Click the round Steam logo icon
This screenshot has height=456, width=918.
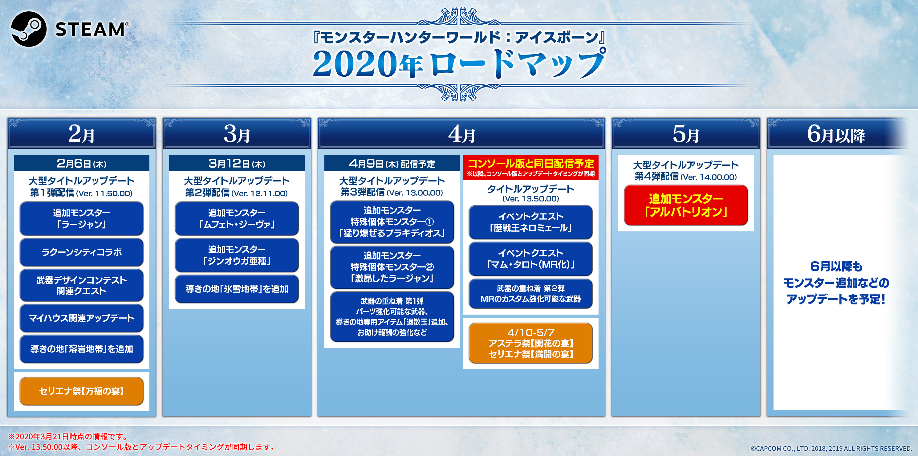29,29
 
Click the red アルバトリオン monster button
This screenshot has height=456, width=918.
686,205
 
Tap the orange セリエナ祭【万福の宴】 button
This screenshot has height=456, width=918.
82,391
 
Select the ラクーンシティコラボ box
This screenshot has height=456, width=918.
82,252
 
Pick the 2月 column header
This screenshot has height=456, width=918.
82,133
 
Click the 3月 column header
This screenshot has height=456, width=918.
237,133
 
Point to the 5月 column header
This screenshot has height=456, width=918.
686,133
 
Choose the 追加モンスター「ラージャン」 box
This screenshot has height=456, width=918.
82,218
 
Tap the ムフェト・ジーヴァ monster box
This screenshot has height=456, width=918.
237,218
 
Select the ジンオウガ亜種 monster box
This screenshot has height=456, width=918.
237,255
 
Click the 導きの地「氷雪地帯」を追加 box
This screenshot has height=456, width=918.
237,289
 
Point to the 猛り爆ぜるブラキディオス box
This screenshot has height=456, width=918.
392,222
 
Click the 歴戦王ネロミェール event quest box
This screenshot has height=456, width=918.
531,222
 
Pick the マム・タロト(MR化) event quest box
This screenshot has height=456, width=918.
531,259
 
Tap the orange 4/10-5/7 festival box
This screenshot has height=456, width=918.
531,343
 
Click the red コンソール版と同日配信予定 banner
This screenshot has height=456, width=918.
531,167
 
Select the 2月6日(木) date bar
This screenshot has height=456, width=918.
82,163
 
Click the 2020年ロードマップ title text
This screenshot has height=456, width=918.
459,63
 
